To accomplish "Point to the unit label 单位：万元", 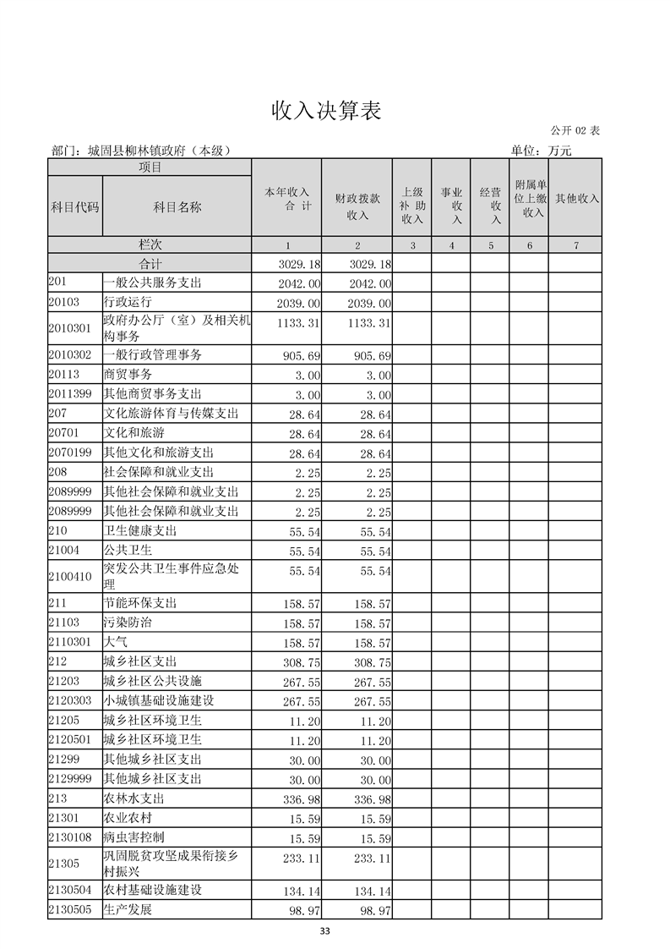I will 541,151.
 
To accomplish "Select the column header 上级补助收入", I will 412,206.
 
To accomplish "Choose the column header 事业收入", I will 451,206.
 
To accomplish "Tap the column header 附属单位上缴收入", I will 531,199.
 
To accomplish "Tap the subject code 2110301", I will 69,642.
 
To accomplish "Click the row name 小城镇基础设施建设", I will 159,701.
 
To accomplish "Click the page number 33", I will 324,932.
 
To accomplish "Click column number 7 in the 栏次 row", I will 575,245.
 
